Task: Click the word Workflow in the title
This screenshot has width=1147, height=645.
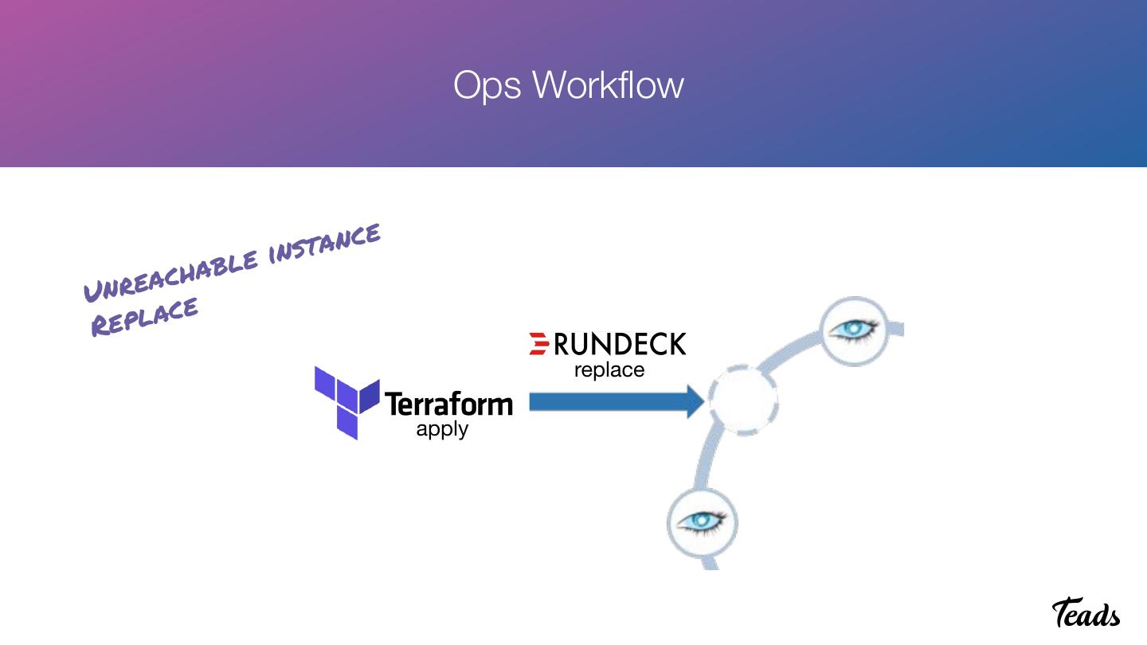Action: tap(607, 84)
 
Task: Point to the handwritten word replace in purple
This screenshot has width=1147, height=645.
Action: tap(144, 317)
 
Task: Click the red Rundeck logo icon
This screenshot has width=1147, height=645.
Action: tap(539, 343)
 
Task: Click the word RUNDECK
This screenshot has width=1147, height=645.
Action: tap(620, 344)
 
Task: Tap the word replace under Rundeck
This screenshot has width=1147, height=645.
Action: tap(609, 370)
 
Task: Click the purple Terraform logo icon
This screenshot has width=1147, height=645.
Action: tap(346, 402)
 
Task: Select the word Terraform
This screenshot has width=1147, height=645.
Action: tap(448, 404)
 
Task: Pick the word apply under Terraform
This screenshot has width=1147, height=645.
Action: tap(442, 429)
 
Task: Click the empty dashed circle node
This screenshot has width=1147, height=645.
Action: tap(743, 401)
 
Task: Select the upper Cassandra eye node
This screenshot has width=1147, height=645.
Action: tap(854, 330)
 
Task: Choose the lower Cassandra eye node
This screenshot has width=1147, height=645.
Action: tap(702, 522)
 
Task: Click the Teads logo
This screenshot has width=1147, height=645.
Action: tap(1086, 613)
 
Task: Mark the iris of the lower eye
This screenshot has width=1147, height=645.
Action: tap(702, 521)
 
